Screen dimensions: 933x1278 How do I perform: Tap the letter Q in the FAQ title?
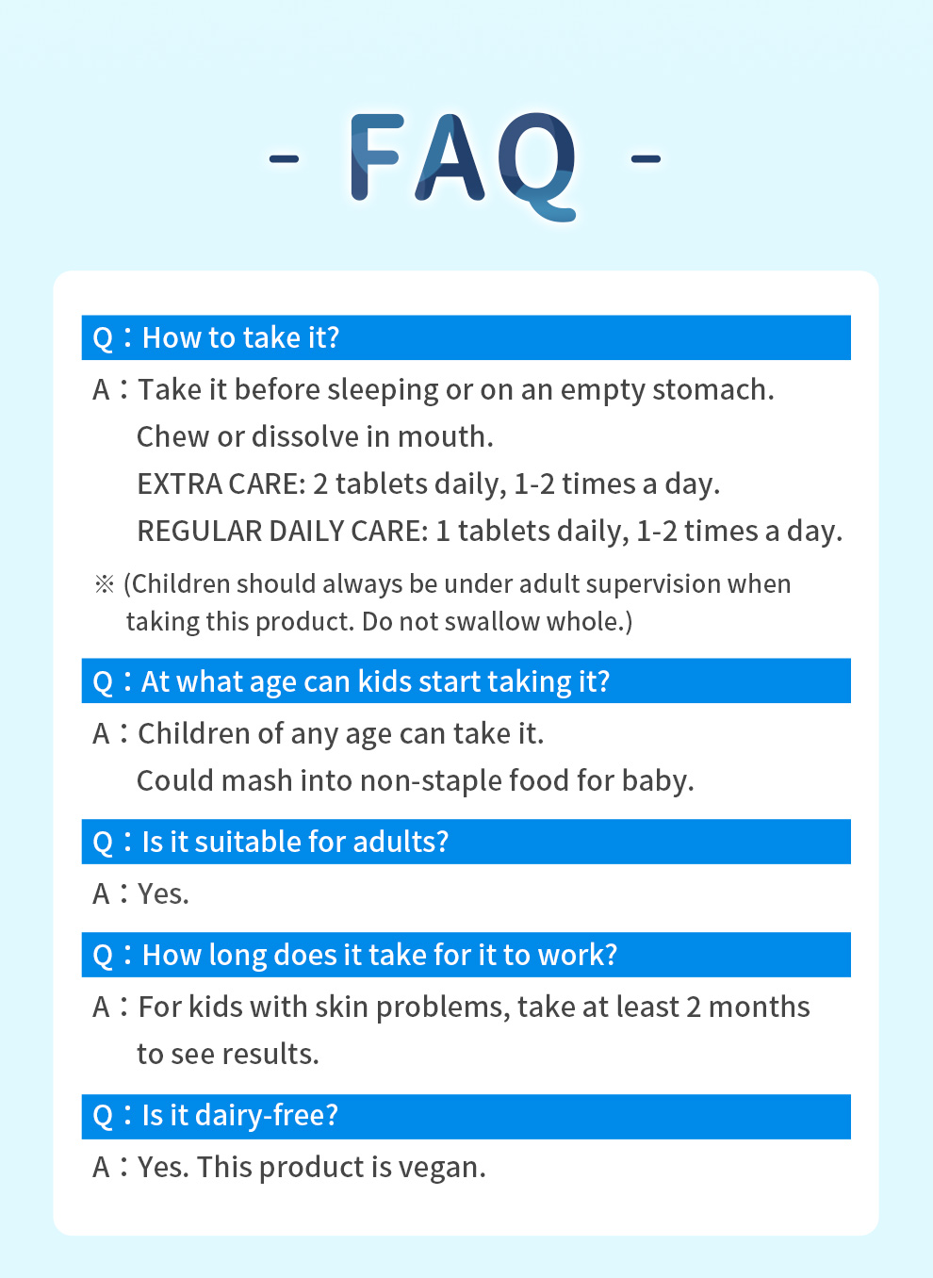pos(537,166)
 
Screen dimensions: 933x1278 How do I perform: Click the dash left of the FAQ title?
pos(285,158)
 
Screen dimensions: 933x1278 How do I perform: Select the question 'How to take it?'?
pos(240,337)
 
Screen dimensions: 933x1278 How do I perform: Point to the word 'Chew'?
pos(172,437)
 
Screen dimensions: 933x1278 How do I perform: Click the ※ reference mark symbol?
pos(105,584)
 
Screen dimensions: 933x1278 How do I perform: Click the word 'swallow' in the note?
pos(492,622)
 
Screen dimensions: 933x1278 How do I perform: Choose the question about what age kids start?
pos(375,681)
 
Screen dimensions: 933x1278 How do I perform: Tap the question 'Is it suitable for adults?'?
pos(295,843)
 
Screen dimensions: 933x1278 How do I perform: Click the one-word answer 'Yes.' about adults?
pos(163,894)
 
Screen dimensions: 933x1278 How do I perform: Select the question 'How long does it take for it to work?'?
pos(380,955)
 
